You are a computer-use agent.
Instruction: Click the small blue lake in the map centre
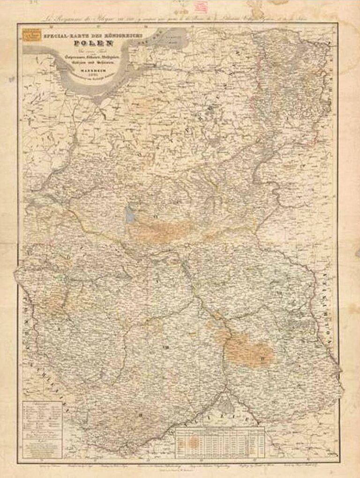coord(130,215)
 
